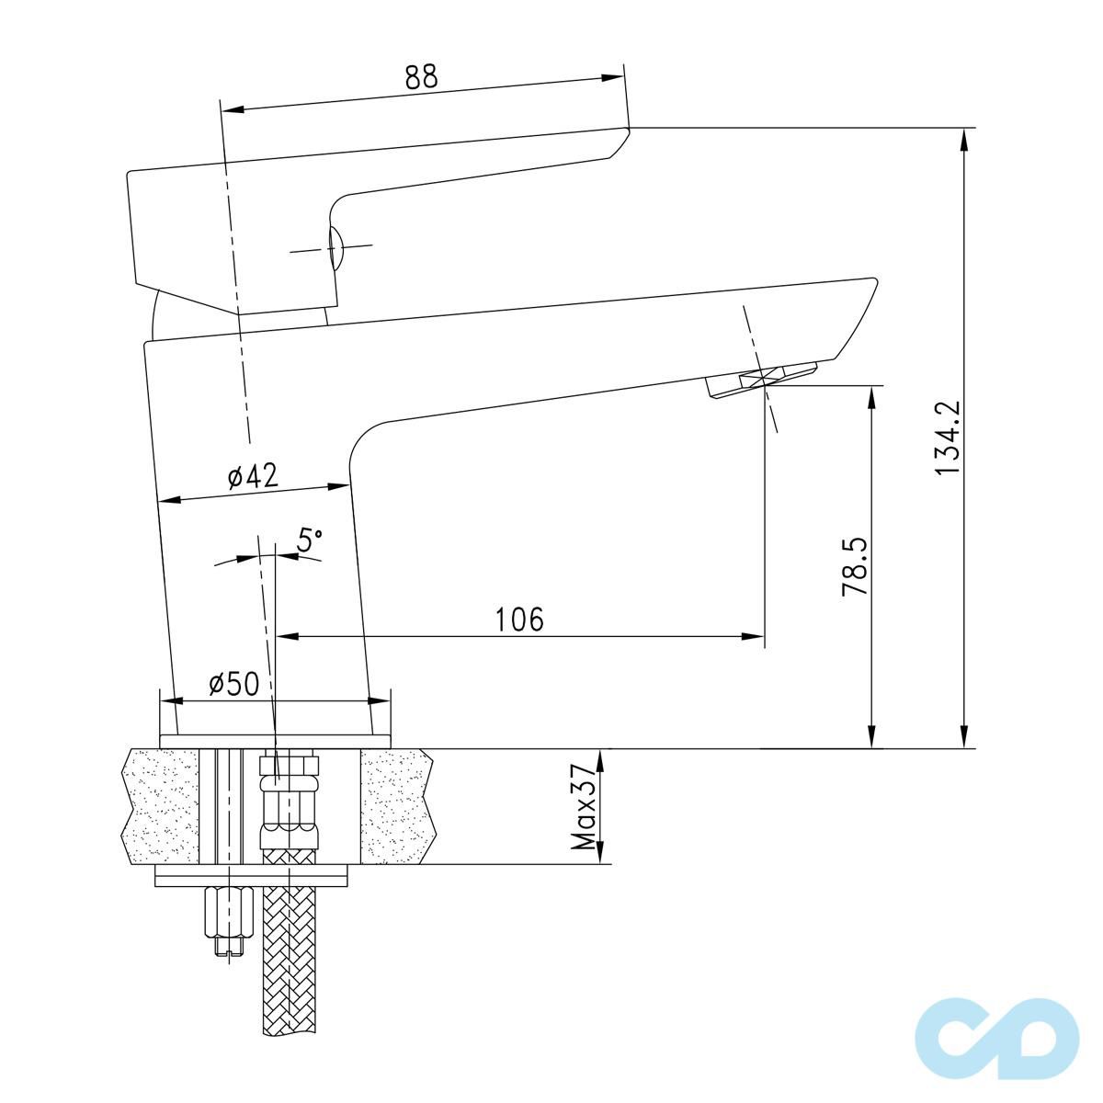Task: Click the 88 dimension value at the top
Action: (x=422, y=77)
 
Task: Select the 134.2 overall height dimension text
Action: (x=948, y=438)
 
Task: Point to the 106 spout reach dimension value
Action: (x=519, y=620)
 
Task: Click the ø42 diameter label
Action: (x=251, y=476)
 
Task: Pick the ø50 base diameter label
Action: (x=233, y=684)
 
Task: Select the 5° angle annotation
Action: (x=310, y=540)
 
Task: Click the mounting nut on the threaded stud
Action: (x=227, y=911)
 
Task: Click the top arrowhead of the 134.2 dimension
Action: (x=964, y=137)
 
